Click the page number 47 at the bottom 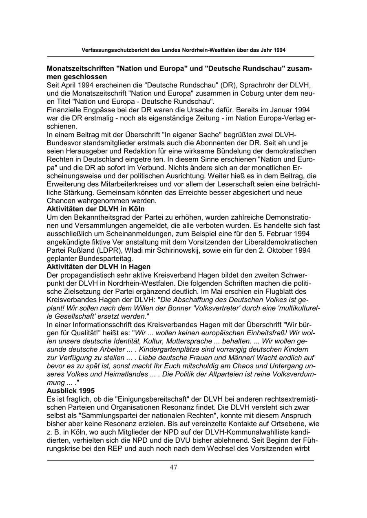pos(173,467)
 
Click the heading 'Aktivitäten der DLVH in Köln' pos(95,209)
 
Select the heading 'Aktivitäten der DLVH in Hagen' pos(99,267)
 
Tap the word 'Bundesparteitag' pos(98,259)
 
